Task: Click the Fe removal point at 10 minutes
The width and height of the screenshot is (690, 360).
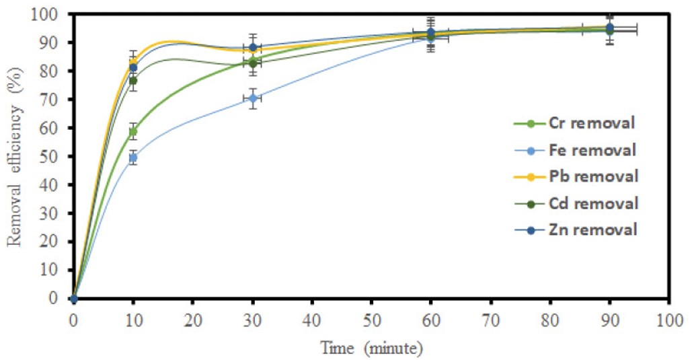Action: (x=133, y=157)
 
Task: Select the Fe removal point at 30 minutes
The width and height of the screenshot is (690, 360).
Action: (x=252, y=98)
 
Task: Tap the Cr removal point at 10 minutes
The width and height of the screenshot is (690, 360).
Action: (x=133, y=132)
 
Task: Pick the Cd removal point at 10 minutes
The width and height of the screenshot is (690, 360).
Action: (x=133, y=81)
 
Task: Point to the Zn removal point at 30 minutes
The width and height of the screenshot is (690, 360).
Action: (x=252, y=47)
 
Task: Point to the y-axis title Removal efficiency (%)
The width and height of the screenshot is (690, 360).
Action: (x=15, y=156)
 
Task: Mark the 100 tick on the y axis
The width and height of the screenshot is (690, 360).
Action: (x=50, y=14)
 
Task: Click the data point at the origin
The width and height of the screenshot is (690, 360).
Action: (x=73, y=298)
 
